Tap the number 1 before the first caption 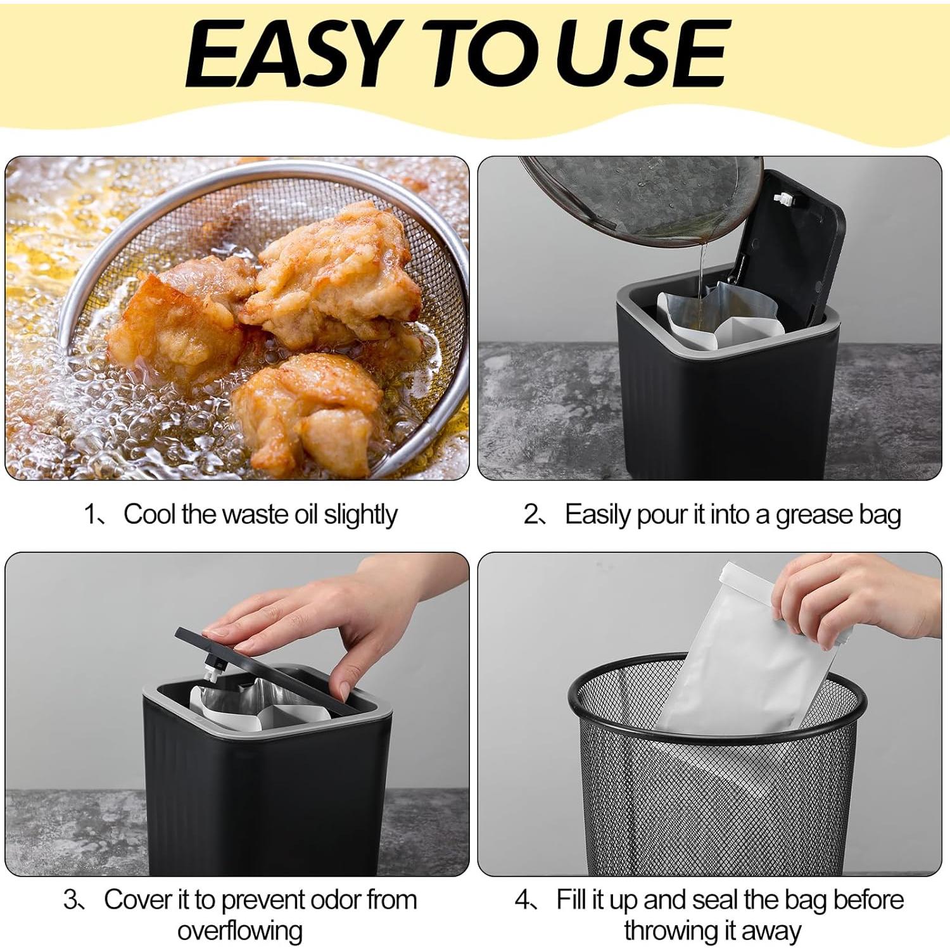[x=90, y=514]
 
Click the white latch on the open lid [x=783, y=199]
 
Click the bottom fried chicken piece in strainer [x=310, y=412]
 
